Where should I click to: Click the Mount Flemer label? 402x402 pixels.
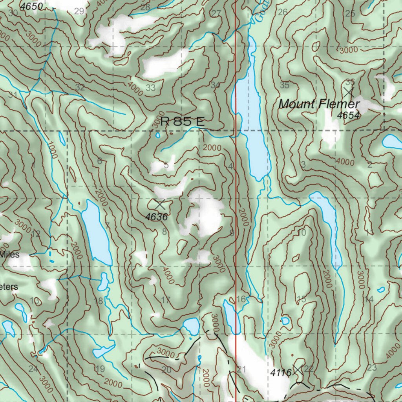click(x=319, y=104)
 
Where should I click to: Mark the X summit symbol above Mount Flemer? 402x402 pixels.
click(x=348, y=92)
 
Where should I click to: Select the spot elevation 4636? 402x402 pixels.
click(x=156, y=217)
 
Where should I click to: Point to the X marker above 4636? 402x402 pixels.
click(x=160, y=205)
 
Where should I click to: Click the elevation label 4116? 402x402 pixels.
click(x=281, y=373)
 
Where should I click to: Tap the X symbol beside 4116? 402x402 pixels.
click(x=298, y=369)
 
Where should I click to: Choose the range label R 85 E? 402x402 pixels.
click(x=183, y=122)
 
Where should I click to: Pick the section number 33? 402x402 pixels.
click(x=151, y=88)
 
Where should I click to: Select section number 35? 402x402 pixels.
click(x=285, y=85)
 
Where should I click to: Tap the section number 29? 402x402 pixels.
click(x=79, y=11)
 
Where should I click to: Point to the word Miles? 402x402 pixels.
click(x=9, y=254)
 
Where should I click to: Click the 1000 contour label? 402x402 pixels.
click(x=51, y=150)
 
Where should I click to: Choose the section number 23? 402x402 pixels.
click(x=372, y=368)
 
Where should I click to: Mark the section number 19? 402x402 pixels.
click(x=100, y=369)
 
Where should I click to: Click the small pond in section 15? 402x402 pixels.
click(x=285, y=321)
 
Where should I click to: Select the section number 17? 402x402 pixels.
click(x=166, y=300)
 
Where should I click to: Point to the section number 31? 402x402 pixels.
click(x=13, y=95)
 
